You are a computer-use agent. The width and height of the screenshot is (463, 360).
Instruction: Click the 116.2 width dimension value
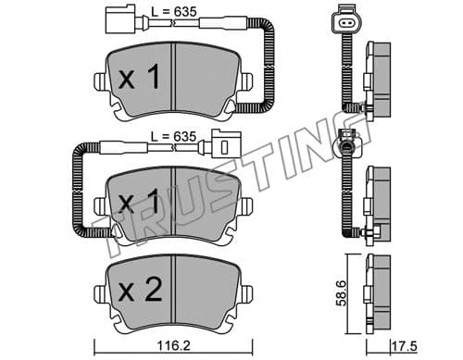pyautogui.click(x=174, y=346)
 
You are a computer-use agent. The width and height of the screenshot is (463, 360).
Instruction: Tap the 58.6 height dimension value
pyautogui.click(x=342, y=293)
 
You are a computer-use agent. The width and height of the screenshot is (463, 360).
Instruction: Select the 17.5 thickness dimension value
pyautogui.click(x=405, y=346)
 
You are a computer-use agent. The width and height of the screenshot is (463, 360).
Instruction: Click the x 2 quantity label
pyautogui.click(x=140, y=290)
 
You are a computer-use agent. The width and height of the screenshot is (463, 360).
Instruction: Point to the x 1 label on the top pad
pyautogui.click(x=139, y=77)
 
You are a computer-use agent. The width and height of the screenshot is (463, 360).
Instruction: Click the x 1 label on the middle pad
pyautogui.click(x=139, y=201)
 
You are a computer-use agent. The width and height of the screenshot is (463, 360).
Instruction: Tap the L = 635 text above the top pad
pyautogui.click(x=174, y=12)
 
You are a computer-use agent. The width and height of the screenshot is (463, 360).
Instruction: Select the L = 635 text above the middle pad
pyautogui.click(x=173, y=136)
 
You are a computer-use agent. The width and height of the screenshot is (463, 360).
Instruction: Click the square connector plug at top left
pyautogui.click(x=120, y=19)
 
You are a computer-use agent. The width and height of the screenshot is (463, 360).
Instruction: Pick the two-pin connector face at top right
pyautogui.click(x=345, y=22)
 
